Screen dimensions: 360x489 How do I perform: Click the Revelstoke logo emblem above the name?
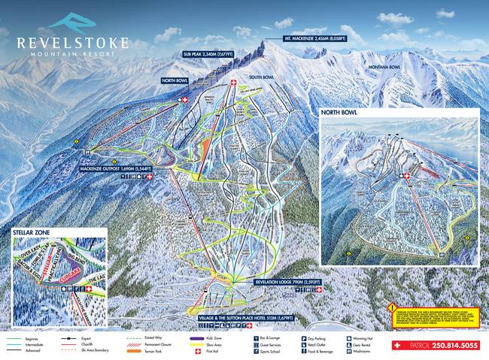click(x=72, y=22)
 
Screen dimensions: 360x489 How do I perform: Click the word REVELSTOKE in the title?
click(x=72, y=43)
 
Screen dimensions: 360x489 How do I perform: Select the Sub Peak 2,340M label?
click(x=209, y=54)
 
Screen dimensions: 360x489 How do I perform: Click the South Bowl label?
click(x=260, y=77)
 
